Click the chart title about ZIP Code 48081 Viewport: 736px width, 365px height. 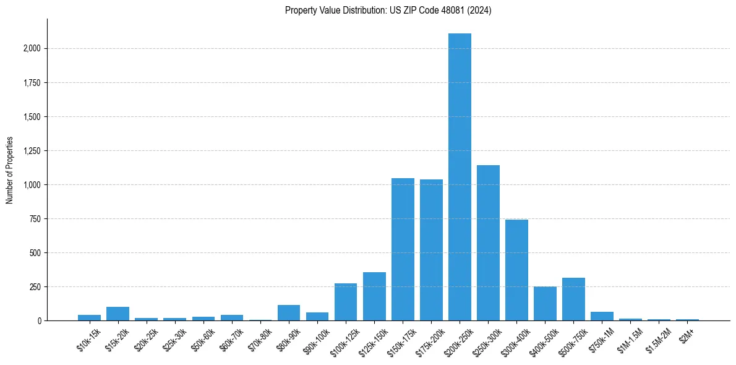[x=388, y=11]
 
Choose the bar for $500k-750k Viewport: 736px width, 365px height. [x=573, y=299]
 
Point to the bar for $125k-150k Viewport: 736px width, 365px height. [x=374, y=296]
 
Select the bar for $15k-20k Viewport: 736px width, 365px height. [x=118, y=314]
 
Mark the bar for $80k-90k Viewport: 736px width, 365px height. [x=289, y=313]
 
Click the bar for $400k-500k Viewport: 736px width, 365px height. [x=545, y=304]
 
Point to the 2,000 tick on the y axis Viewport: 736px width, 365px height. [x=30, y=49]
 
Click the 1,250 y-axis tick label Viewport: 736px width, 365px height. [x=30, y=151]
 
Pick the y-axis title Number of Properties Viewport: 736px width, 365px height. [x=9, y=170]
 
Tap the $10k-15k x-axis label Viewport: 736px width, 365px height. [x=88, y=339]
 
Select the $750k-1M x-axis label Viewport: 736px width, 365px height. [x=601, y=340]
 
